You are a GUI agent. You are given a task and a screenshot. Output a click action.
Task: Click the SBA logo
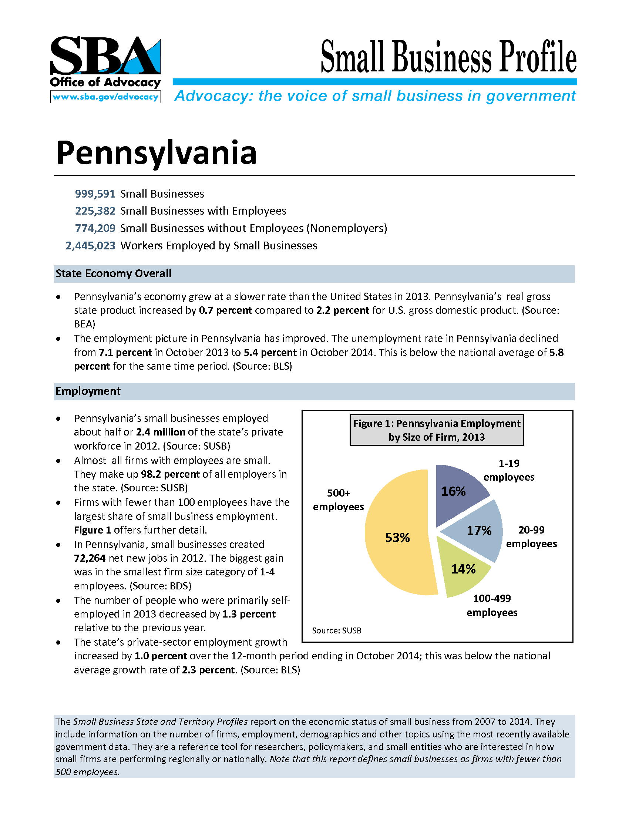105,56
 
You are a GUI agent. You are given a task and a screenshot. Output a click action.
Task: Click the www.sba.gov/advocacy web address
105,97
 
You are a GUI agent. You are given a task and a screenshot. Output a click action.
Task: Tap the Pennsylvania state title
156,152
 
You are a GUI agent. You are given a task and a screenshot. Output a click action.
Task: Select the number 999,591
95,194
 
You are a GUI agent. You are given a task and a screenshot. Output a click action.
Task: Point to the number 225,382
95,211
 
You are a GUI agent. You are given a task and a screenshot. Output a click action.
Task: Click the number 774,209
95,228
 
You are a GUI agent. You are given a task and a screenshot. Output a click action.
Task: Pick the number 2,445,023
90,246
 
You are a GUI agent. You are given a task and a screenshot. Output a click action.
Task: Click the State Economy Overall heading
113,273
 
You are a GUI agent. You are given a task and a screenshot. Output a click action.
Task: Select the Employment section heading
88,391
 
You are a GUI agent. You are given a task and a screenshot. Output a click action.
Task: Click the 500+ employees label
338,500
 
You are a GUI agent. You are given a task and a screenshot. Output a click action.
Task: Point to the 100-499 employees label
492,605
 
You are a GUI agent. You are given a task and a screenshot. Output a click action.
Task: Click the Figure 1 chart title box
436,430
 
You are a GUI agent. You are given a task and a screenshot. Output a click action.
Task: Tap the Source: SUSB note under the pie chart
336,630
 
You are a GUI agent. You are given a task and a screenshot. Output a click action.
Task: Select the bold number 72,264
90,558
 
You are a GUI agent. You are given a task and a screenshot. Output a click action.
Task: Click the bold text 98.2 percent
170,474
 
